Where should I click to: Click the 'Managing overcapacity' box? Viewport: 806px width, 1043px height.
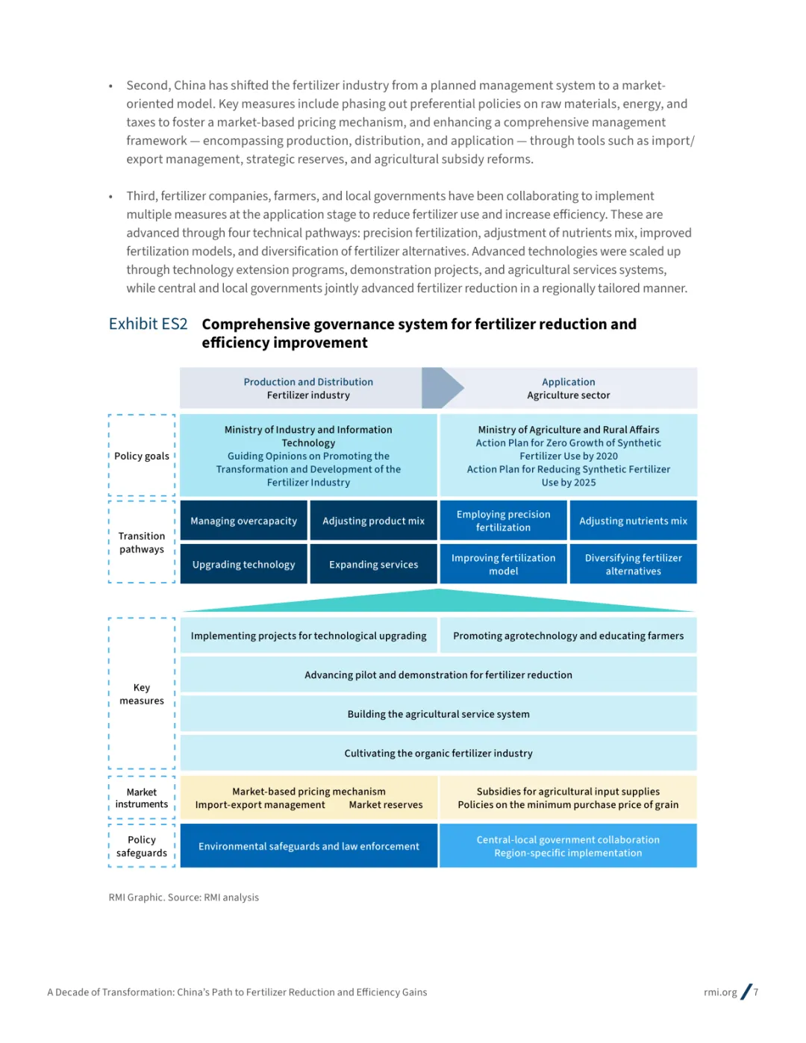(243, 521)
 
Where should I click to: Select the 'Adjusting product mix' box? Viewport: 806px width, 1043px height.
(373, 521)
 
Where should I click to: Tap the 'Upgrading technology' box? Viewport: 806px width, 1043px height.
(243, 565)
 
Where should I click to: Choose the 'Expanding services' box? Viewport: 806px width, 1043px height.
(373, 565)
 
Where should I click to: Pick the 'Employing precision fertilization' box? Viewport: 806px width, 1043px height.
(504, 521)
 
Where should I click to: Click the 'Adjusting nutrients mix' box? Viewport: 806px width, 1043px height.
(633, 521)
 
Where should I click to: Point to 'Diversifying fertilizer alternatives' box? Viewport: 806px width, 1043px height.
(633, 565)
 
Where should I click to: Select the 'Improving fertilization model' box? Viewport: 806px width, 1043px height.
(504, 565)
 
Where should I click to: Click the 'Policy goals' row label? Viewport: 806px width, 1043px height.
(142, 456)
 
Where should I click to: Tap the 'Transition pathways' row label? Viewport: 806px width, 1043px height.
(142, 542)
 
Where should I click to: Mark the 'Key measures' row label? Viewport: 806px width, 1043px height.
(142, 694)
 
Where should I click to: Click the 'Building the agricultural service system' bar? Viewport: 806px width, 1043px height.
(438, 714)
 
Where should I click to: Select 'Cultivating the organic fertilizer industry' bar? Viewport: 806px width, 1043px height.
(438, 754)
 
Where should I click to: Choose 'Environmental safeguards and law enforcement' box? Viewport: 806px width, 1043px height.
(308, 846)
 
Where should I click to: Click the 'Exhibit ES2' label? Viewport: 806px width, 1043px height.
(148, 324)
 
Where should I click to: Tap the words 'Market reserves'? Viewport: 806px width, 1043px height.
(386, 805)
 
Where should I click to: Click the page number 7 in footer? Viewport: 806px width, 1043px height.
(756, 992)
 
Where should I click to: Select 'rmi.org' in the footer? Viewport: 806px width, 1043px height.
(720, 992)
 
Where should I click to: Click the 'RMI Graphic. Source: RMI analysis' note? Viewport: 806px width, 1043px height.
(184, 898)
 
